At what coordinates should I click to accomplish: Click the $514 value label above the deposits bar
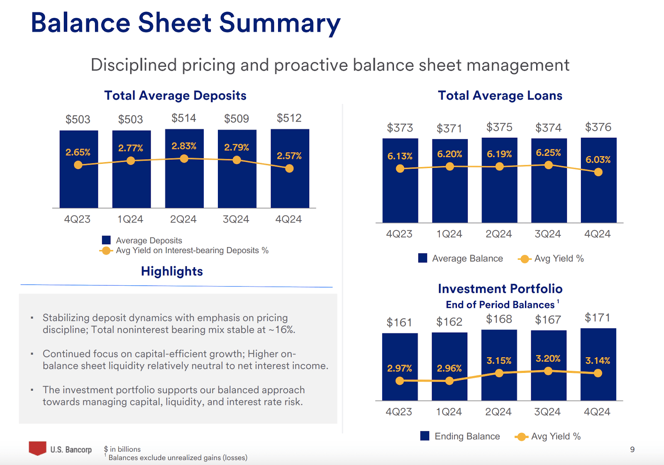point(184,118)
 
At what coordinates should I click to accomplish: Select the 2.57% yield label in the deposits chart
point(289,156)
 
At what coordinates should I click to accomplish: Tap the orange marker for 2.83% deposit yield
point(184,158)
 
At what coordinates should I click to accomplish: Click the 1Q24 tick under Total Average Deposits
point(130,219)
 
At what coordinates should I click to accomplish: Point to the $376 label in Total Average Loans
point(598,127)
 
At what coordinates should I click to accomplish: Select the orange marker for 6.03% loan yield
point(598,172)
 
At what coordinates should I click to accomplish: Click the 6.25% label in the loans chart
point(548,153)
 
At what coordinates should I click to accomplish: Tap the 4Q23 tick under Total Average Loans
point(399,234)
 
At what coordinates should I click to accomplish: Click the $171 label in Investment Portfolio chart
point(597,318)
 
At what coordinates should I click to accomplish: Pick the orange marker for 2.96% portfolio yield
point(449,381)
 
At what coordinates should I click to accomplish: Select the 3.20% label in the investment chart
point(548,358)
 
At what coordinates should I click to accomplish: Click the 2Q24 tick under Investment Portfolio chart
point(498,412)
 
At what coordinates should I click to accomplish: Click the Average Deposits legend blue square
point(106,240)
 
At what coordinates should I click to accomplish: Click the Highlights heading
point(172,271)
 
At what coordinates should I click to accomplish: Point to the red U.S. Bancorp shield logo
point(37,448)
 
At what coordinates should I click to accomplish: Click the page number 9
point(632,450)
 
